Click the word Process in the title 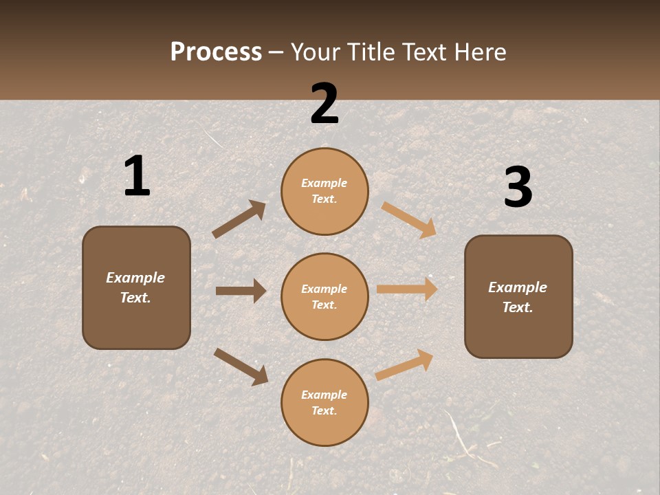pyautogui.click(x=216, y=52)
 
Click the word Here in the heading pyautogui.click(x=478, y=52)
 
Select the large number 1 pyautogui.click(x=136, y=176)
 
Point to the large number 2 pyautogui.click(x=324, y=103)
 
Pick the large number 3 pyautogui.click(x=518, y=188)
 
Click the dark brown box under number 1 pyautogui.click(x=136, y=287)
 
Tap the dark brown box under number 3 pyautogui.click(x=518, y=297)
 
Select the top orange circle pyautogui.click(x=324, y=191)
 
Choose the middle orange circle pyautogui.click(x=324, y=296)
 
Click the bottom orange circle pyautogui.click(x=324, y=402)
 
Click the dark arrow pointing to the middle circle pyautogui.click(x=241, y=291)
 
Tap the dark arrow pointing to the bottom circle pyautogui.click(x=241, y=366)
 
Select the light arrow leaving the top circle pyautogui.click(x=409, y=219)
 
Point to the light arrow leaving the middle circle pyautogui.click(x=407, y=289)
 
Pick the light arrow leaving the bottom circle pyautogui.click(x=404, y=364)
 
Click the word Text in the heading pyautogui.click(x=421, y=52)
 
